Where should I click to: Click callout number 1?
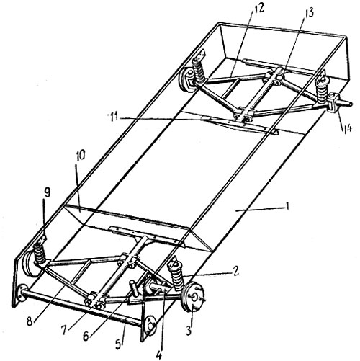pos(288,206)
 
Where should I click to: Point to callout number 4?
pos(159,355)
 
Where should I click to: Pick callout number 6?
pos(86,337)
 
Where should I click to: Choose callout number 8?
pos(30,321)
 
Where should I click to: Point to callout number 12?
pos(258,9)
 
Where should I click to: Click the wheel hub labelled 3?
pos(193,298)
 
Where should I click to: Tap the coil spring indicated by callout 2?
pos(177,276)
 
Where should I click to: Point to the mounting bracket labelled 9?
pos(43,239)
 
